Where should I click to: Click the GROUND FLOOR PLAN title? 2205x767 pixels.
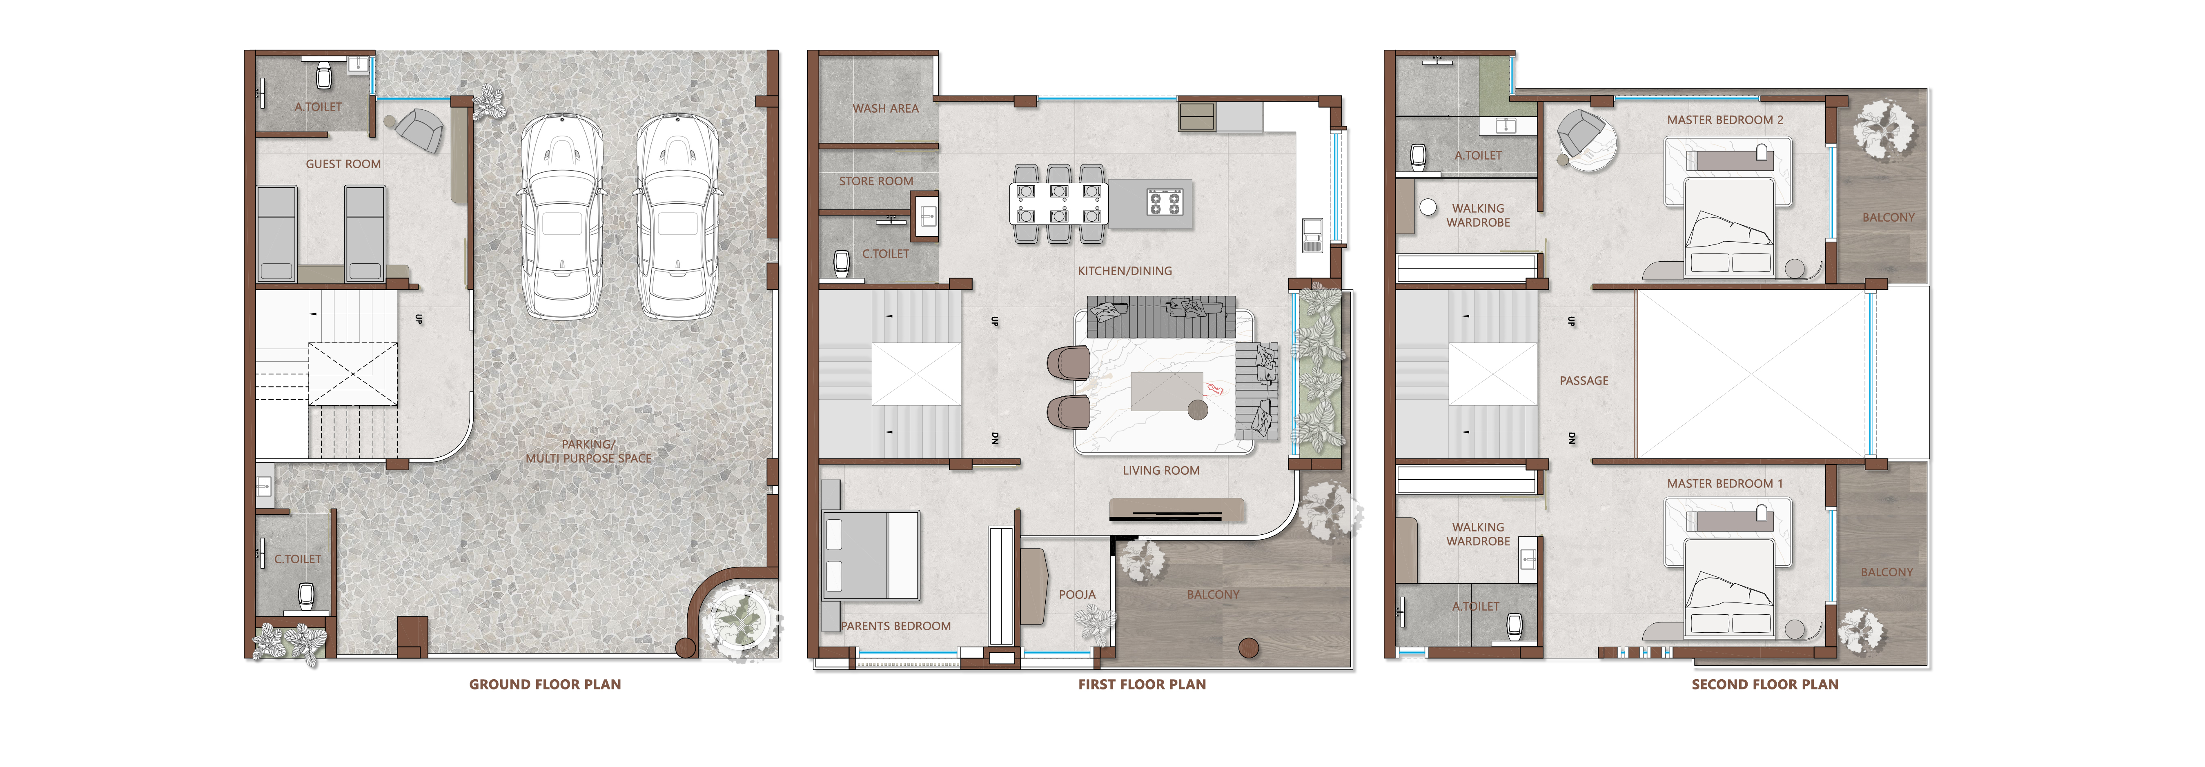click(x=545, y=684)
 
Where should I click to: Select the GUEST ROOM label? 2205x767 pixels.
click(x=343, y=164)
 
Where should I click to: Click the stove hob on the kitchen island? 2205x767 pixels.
click(x=1164, y=203)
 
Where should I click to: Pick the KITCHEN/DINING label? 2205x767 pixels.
click(x=1125, y=271)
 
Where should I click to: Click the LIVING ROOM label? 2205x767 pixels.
click(x=1161, y=470)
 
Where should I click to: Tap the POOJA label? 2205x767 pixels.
click(x=1077, y=594)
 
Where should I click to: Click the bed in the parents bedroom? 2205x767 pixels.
click(x=871, y=555)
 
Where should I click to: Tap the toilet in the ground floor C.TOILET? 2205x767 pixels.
click(x=305, y=595)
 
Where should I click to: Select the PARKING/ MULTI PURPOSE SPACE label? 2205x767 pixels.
click(x=588, y=451)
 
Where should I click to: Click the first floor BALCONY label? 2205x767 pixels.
click(x=1213, y=594)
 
